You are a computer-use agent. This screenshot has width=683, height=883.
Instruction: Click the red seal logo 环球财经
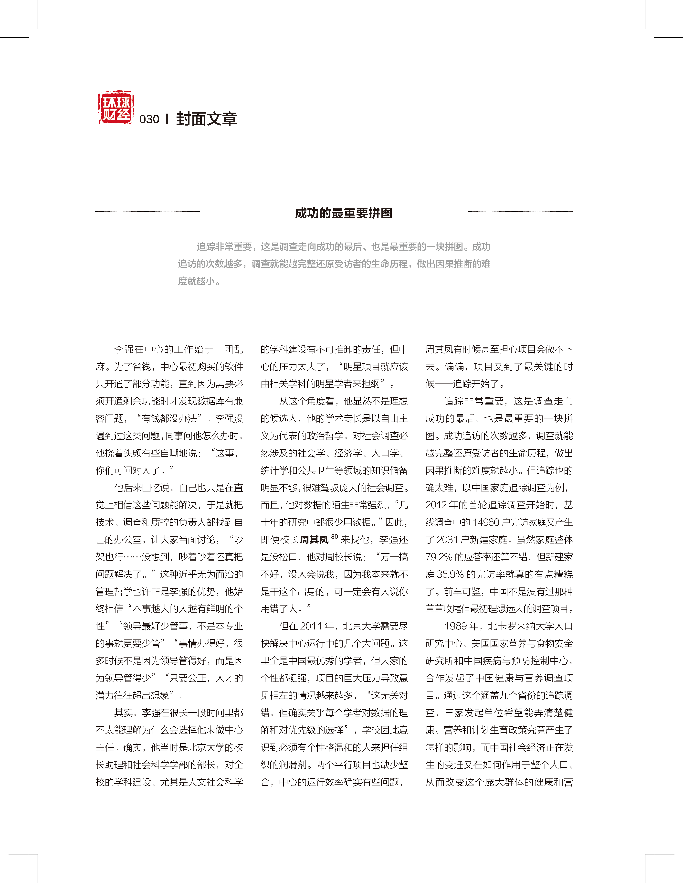pyautogui.click(x=116, y=107)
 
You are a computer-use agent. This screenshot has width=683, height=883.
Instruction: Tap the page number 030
pyautogui.click(x=149, y=119)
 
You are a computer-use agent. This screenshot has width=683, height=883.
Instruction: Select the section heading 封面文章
pyautogui.click(x=207, y=119)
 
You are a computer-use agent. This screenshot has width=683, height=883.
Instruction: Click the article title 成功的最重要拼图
pyautogui.click(x=344, y=213)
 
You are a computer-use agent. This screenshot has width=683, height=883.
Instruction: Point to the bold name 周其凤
pyautogui.click(x=314, y=540)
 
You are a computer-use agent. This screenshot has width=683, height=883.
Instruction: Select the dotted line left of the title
pyautogui.click(x=147, y=212)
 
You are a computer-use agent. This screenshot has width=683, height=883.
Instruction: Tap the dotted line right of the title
pyautogui.click(x=521, y=212)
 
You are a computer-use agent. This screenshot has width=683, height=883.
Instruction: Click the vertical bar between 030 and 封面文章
pyautogui.click(x=167, y=119)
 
